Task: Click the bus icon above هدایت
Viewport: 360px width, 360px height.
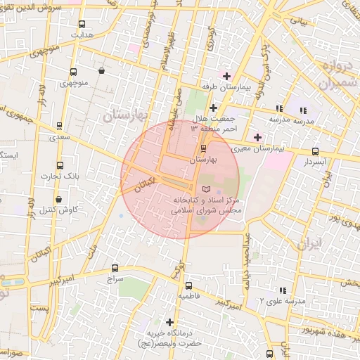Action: [x=82, y=23]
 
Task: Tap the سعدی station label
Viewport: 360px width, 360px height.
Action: [x=59, y=138]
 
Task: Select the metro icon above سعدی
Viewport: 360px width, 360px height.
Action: [x=59, y=127]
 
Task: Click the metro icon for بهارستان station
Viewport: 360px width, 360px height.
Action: [x=204, y=148]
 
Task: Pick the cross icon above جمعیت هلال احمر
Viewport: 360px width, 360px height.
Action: [x=213, y=107]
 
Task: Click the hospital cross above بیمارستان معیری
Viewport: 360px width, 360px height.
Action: [x=257, y=137]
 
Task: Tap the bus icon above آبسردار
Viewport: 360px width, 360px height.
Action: [x=314, y=150]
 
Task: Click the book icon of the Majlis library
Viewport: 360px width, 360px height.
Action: [x=205, y=189]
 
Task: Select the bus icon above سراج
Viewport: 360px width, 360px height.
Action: [x=115, y=268]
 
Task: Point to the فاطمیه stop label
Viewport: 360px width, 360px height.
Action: [x=188, y=297]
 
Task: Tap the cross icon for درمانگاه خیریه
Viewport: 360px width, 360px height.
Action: [x=169, y=321]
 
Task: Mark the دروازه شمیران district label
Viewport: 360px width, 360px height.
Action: [x=328, y=75]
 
